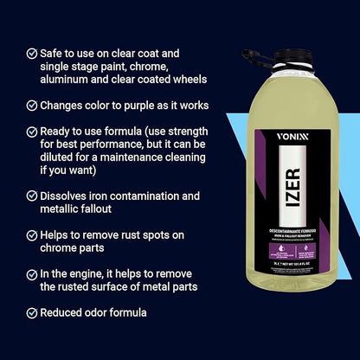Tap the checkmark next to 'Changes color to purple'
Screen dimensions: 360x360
coord(32,106)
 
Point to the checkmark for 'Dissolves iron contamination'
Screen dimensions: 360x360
coord(32,196)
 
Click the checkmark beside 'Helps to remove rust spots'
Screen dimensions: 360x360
coord(32,235)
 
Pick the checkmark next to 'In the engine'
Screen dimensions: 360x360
coord(32,273)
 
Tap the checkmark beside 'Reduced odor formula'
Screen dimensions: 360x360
coord(32,312)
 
